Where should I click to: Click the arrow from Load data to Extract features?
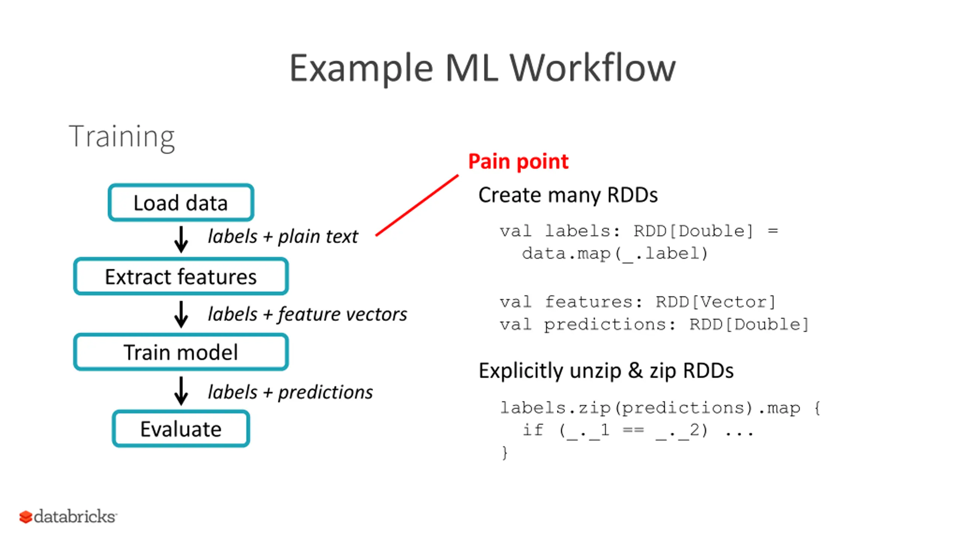[x=181, y=239]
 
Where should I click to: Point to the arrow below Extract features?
[x=181, y=314]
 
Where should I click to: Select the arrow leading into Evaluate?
[x=181, y=391]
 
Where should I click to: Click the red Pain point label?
[x=518, y=162]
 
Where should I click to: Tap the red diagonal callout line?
[x=417, y=205]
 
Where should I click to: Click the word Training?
[x=122, y=137]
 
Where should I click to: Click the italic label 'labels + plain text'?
[x=283, y=237]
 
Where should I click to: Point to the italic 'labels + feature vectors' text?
[x=307, y=314]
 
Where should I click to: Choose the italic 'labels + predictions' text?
[x=290, y=393]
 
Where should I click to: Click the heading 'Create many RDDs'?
[x=568, y=195]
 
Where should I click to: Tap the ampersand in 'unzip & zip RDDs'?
[x=635, y=370]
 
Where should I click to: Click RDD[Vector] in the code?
[x=716, y=302]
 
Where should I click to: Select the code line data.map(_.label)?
[x=615, y=254]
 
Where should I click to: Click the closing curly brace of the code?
[x=505, y=453]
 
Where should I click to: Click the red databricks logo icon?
[x=25, y=517]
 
